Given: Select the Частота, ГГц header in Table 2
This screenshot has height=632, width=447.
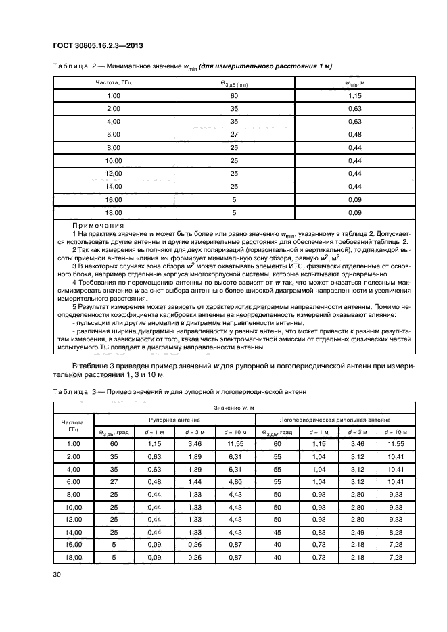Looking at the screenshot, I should coord(113,83).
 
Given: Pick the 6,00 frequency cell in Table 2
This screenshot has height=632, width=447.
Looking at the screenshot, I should coord(113,134).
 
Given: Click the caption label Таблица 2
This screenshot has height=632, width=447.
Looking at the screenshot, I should coord(71,66).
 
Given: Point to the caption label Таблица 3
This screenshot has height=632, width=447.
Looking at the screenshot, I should coord(71,391).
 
